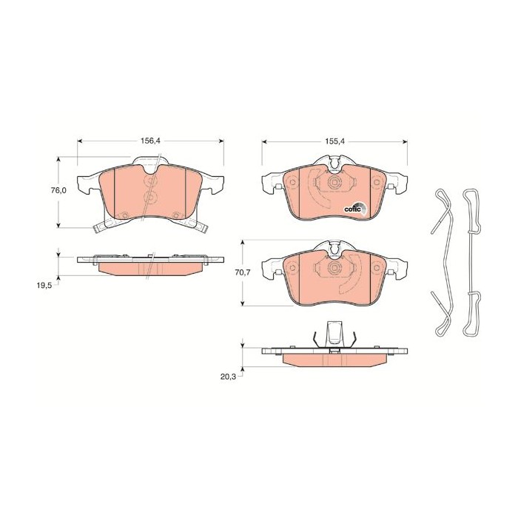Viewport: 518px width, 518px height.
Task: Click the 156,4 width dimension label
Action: click(150, 141)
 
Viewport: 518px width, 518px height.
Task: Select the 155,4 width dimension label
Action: click(334, 141)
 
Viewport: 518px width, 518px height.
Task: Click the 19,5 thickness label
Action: click(44, 286)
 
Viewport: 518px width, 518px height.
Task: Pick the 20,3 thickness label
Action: click(229, 377)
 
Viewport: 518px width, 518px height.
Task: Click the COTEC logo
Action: click(355, 209)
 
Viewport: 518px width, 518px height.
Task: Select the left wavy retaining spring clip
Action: click(442, 263)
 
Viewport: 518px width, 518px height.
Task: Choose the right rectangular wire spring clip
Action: click(471, 263)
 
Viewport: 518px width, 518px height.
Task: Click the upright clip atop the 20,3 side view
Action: click(334, 334)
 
